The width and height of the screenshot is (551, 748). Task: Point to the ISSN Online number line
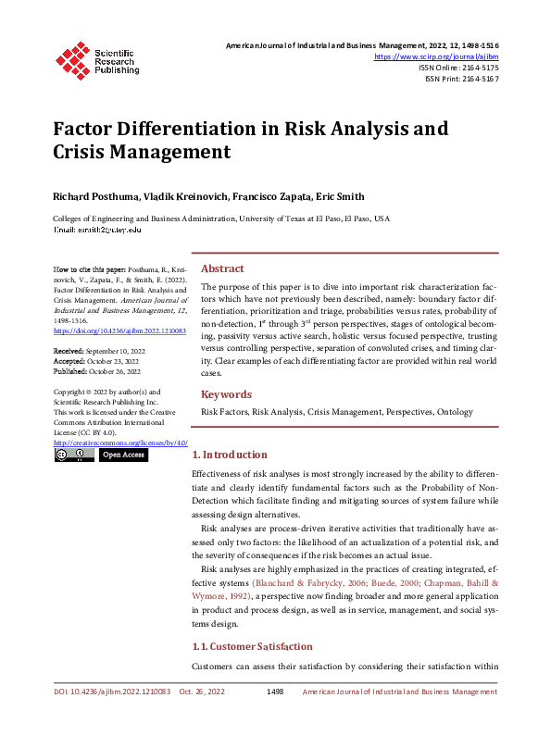click(458, 68)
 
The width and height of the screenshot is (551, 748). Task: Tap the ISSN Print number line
click(461, 80)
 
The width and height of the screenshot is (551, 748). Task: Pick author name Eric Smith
click(340, 196)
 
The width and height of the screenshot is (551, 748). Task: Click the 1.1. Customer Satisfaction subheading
click(251, 646)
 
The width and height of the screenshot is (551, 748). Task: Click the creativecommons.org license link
click(120, 443)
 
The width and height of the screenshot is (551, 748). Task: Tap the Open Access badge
click(123, 455)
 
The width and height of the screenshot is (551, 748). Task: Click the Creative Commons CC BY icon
click(73, 455)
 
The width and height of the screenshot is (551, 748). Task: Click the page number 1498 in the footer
click(274, 692)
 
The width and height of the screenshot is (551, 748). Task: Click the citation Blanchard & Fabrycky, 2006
click(308, 583)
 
